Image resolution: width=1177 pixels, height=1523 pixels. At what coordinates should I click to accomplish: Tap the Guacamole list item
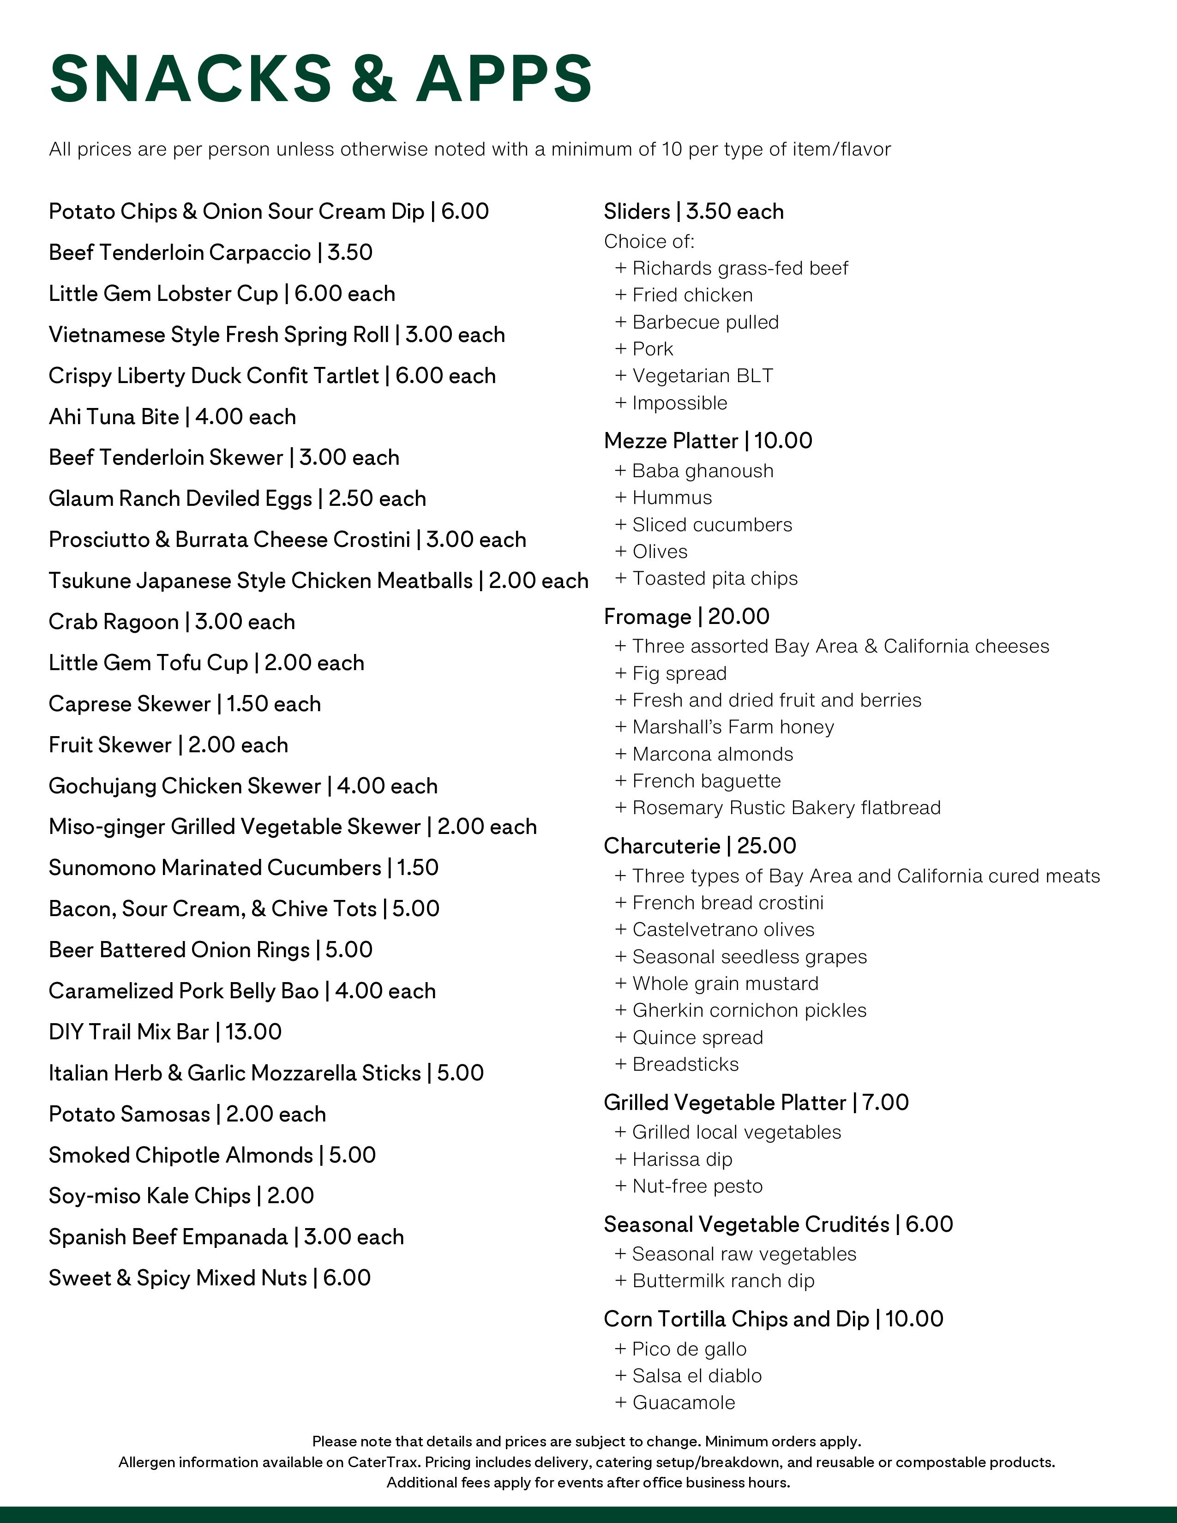tap(683, 1403)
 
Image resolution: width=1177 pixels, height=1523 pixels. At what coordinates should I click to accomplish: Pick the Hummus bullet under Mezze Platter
tap(672, 498)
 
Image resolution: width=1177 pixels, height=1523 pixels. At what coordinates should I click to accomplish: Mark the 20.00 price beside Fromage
tap(739, 617)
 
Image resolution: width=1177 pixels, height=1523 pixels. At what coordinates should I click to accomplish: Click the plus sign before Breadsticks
tap(620, 1065)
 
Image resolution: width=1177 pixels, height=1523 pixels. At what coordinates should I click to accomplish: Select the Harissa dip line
tap(681, 1160)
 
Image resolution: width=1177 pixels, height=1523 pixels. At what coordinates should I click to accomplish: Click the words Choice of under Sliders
tap(649, 242)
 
